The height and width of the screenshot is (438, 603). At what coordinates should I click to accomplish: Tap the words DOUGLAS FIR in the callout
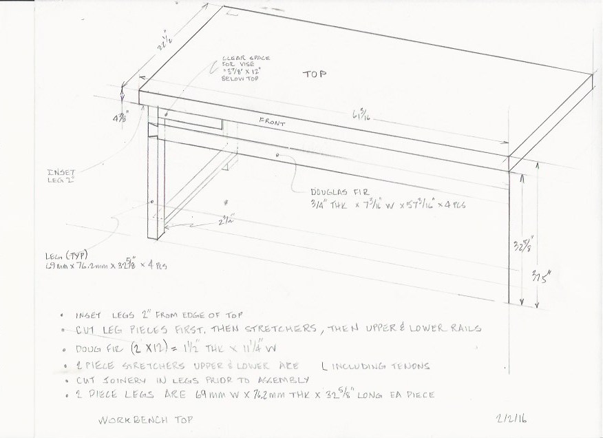[335, 191]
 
